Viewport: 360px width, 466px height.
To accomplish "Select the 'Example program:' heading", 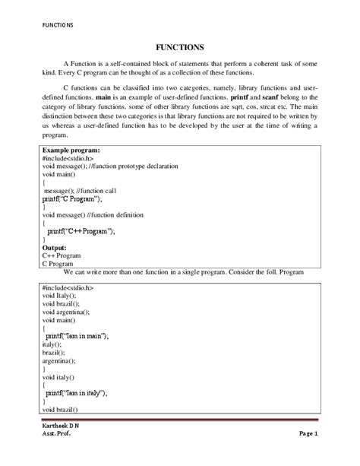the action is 72,151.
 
